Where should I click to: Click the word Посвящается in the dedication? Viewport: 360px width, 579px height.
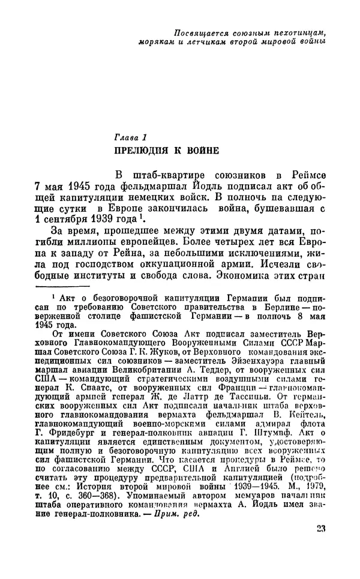tap(192, 32)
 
